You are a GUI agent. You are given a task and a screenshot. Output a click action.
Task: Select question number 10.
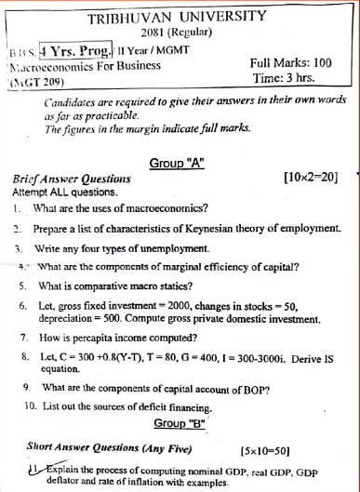31,406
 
